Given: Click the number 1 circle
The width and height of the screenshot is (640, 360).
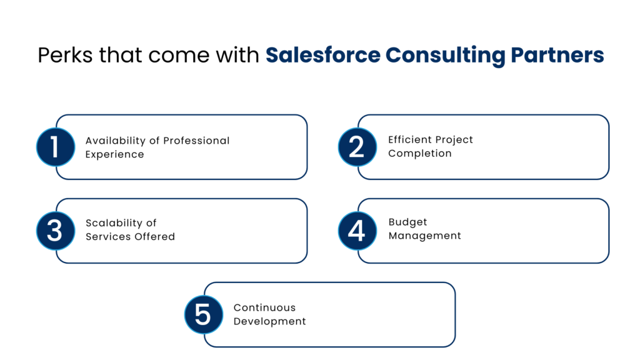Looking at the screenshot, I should coord(56,147).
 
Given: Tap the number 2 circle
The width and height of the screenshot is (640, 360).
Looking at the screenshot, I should coord(357,147).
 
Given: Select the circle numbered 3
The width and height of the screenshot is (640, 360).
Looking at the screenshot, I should coord(56,231).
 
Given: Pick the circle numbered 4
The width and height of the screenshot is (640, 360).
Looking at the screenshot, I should coord(357,231).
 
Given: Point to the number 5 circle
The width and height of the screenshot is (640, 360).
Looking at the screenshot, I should coord(204,314).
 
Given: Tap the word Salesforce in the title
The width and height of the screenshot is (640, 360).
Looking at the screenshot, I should coord(322,56).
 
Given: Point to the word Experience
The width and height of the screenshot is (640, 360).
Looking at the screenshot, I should coord(115,154).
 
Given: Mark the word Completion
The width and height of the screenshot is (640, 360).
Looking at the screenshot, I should coord(419,154).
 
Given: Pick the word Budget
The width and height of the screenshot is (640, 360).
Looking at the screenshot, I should coord(407,222).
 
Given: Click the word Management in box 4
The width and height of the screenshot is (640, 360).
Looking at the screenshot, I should coord(424,236).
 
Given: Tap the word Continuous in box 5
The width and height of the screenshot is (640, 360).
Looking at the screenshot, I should coord(264,307).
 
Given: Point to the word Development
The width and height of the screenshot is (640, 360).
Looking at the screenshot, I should coord(269,321).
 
